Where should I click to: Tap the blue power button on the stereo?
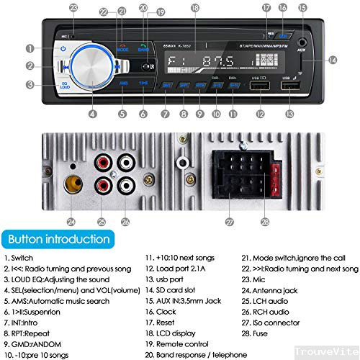pyautogui.click(x=63, y=49)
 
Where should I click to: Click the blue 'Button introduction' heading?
pyautogui.click(x=55, y=239)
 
